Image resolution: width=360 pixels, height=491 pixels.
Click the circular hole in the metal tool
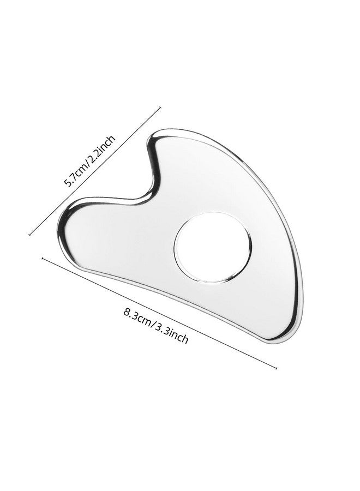(213, 247)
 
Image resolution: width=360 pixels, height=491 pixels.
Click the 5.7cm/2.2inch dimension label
(89, 161)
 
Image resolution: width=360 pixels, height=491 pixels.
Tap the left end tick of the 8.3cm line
(42, 259)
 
